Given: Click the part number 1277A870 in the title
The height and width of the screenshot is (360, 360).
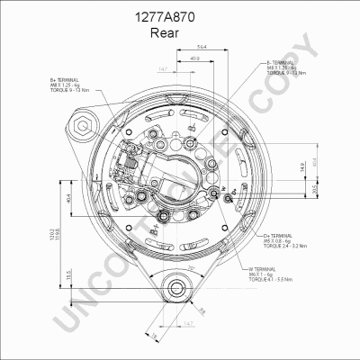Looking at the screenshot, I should (x=179, y=16).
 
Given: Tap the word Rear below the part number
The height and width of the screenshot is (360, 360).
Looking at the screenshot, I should (x=179, y=33).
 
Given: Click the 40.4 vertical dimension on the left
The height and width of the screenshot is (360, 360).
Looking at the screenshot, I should (x=70, y=201).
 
